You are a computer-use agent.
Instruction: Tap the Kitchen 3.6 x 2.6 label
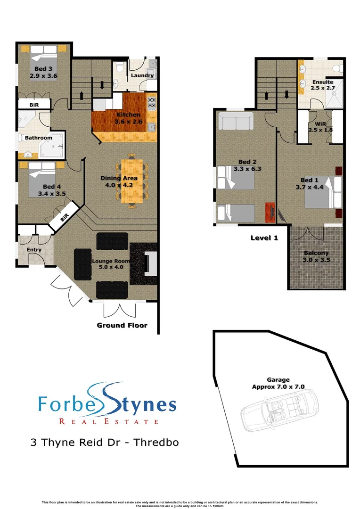(127, 118)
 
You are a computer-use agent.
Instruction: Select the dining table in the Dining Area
(132, 181)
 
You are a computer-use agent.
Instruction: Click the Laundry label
(142, 75)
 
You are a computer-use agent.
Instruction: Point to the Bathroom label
(39, 138)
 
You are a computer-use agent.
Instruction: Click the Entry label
(34, 250)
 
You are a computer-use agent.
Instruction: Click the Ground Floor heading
(122, 325)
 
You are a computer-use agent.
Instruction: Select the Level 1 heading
(264, 238)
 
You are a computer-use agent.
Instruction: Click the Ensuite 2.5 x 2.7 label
(322, 85)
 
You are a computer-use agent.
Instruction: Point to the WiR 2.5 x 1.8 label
(320, 127)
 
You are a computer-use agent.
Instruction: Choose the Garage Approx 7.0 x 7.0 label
(278, 383)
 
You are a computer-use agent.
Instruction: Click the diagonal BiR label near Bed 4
(65, 217)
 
